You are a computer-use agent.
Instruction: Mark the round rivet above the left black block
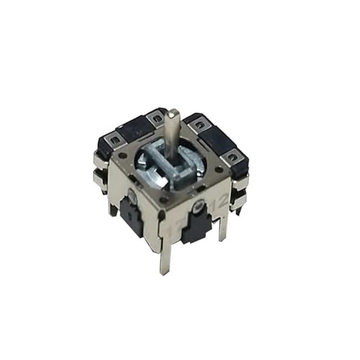tap(133, 194)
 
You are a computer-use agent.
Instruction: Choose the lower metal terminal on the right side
tap(237, 202)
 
